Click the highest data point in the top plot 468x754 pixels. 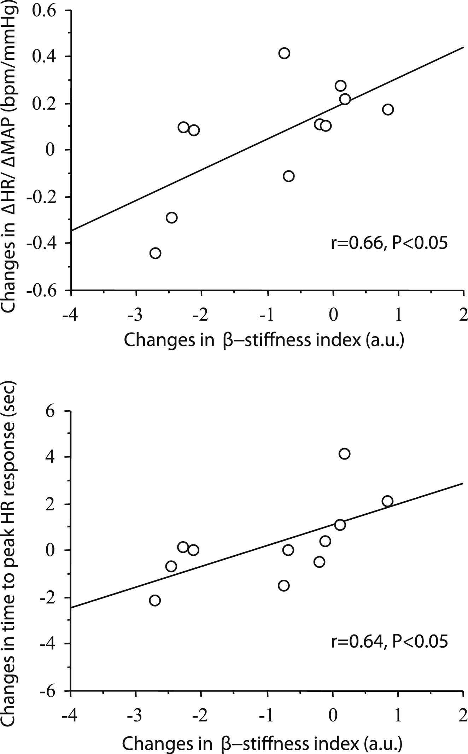coord(284,53)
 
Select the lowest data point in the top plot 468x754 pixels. coord(155,253)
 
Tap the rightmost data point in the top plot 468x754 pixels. coord(388,110)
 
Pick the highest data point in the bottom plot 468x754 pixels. coord(344,454)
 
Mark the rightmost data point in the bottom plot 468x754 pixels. coord(387,501)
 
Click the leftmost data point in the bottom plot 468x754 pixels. coord(155,601)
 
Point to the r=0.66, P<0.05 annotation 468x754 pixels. coord(389,244)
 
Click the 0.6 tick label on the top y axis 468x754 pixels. coord(44,11)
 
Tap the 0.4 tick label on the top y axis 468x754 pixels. coord(44,57)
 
